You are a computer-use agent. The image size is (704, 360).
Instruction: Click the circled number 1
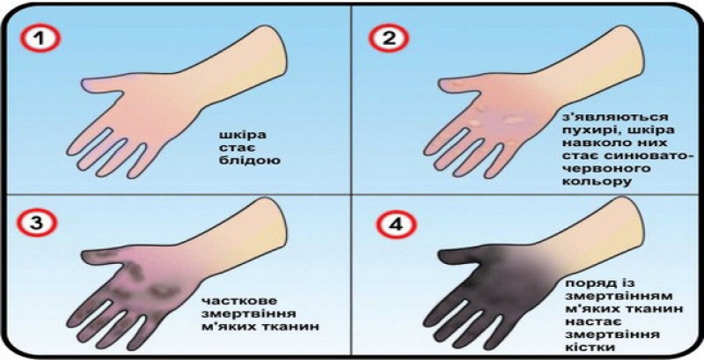pos(40,39)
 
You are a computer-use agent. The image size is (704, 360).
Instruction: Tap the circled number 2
pos(388,39)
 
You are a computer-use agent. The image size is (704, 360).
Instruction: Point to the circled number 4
pos(388,223)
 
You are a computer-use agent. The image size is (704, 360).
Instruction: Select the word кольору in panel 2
pos(595,181)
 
